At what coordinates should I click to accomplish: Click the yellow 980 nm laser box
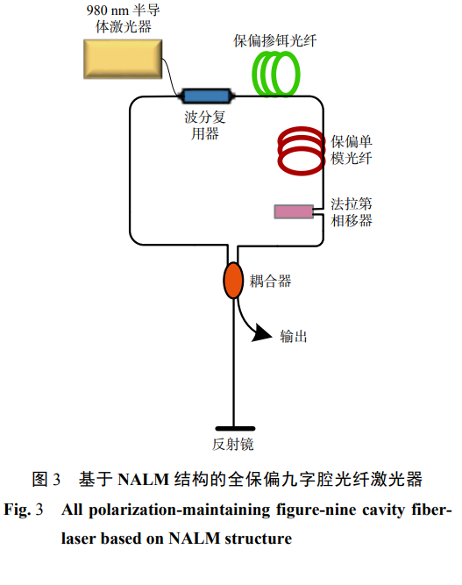pos(123,60)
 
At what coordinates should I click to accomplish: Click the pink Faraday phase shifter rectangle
pos(294,211)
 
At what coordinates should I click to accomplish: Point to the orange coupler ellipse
pos(233,280)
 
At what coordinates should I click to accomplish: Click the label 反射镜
pos(233,444)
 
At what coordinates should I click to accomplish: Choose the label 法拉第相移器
pos(352,211)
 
